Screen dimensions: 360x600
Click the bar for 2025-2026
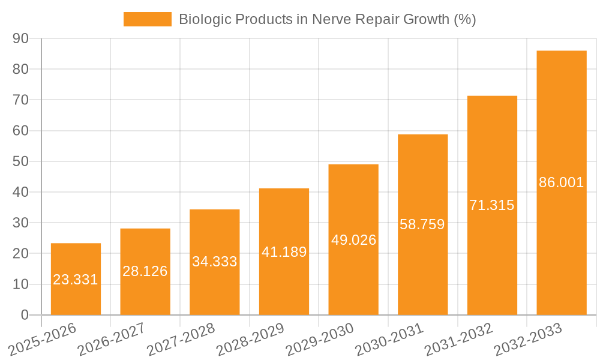click(76, 264)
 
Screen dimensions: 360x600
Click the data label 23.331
click(76, 280)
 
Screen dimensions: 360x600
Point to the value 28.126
click(145, 271)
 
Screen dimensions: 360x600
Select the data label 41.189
click(284, 252)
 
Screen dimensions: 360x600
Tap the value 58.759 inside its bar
click(422, 225)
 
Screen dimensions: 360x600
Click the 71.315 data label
click(492, 205)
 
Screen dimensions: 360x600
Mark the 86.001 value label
click(562, 183)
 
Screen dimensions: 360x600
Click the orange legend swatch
click(147, 19)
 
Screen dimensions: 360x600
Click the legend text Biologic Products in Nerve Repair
click(327, 19)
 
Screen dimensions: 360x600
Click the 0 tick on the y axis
click(25, 315)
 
